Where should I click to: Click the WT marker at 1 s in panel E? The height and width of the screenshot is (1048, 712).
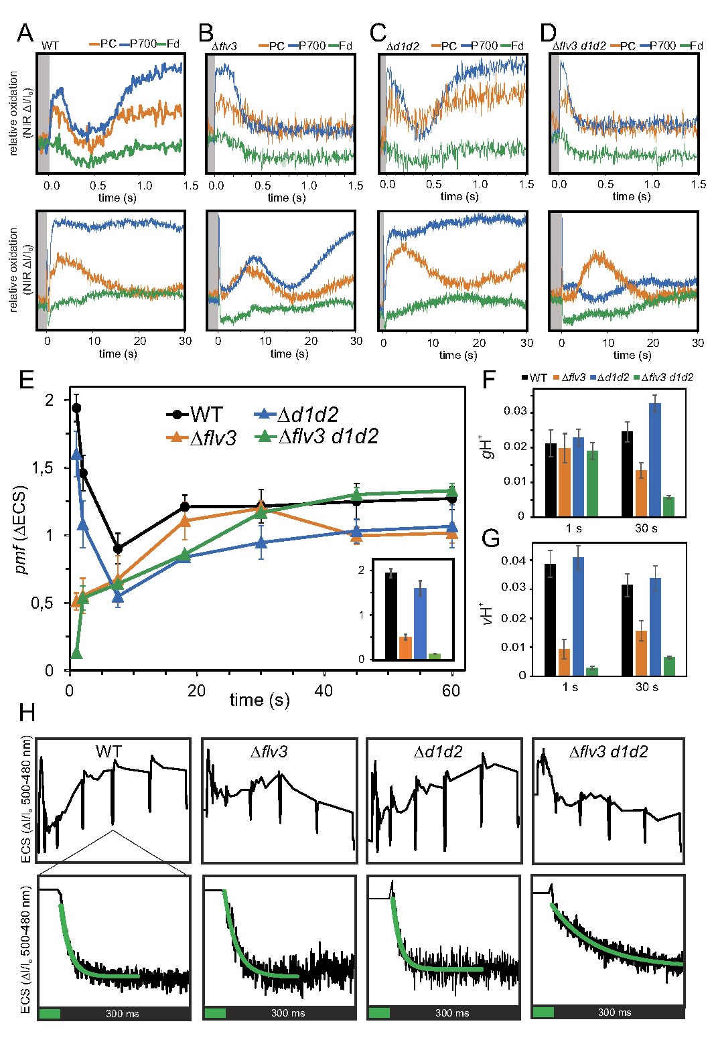tap(76, 408)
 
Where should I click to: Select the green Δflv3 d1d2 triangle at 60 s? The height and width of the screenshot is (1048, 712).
tap(453, 491)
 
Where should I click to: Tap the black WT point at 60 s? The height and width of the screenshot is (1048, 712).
tap(453, 499)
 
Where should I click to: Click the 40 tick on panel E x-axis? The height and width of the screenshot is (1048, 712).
tap(324, 689)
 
